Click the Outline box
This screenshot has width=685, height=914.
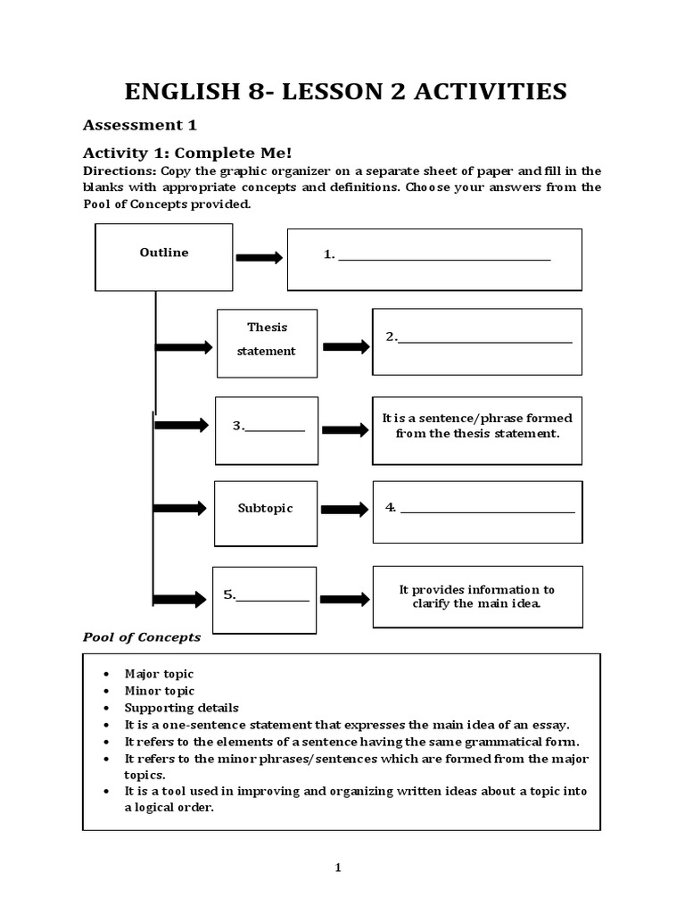point(164,256)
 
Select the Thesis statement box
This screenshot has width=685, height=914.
point(267,343)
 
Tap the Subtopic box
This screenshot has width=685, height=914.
point(265,513)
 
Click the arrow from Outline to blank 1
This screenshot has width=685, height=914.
point(259,258)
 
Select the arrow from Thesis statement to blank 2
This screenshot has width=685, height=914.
point(345,346)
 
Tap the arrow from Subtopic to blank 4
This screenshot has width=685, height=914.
point(344,510)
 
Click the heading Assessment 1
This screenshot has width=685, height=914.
point(139,124)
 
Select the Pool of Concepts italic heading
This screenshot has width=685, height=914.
point(142,637)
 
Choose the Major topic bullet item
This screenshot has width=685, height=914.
point(159,674)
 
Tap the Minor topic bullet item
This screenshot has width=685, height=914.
point(159,691)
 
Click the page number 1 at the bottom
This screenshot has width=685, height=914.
point(339,868)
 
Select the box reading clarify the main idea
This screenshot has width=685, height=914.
point(477,596)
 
